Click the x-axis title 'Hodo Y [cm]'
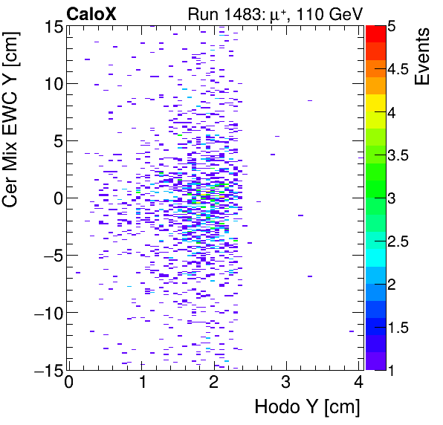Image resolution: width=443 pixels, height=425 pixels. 306,407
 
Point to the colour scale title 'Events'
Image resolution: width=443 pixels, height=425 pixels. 423,56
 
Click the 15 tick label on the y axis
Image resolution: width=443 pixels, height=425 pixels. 50,27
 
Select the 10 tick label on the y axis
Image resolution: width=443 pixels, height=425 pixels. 50,83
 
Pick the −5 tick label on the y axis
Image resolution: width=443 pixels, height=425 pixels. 48,255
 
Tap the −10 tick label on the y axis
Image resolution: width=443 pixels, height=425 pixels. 45,312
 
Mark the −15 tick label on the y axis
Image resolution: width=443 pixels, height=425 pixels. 45,369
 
